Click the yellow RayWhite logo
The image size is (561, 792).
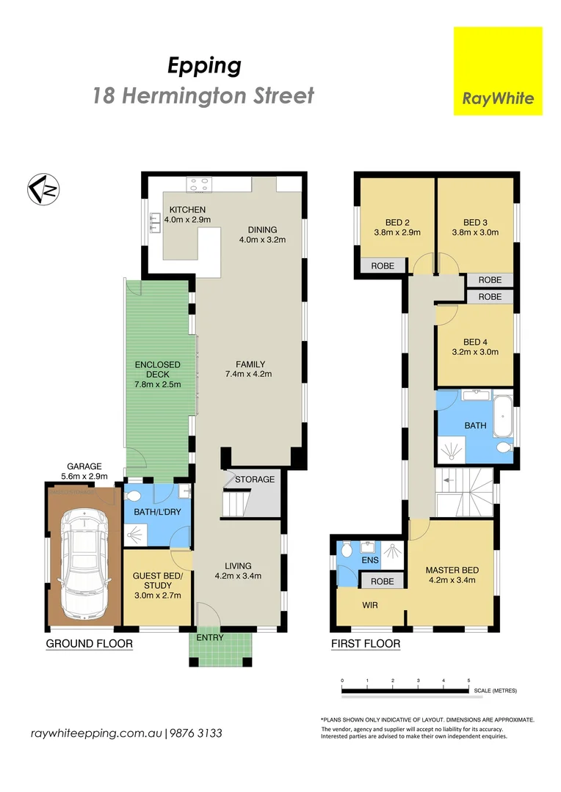(498, 71)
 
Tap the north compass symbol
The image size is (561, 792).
(43, 189)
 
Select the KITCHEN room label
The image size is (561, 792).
(181, 210)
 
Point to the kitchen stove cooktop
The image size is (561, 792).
(198, 184)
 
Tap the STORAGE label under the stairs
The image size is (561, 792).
(255, 480)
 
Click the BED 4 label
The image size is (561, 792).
(475, 342)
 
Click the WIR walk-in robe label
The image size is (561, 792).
(370, 606)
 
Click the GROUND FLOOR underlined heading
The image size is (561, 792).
(89, 644)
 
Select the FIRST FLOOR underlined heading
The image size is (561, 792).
(365, 644)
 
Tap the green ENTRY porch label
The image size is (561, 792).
(210, 637)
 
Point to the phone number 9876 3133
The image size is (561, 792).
(197, 733)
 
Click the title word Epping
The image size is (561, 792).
(204, 66)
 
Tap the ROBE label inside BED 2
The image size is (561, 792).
(383, 266)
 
